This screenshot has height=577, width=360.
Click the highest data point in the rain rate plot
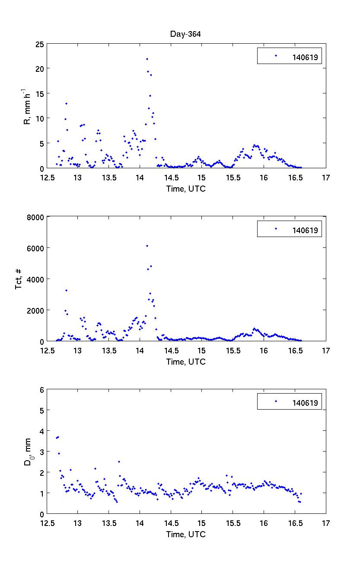click(147, 59)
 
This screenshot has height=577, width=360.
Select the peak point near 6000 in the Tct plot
click(147, 246)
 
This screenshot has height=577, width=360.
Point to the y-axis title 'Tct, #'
click(19, 279)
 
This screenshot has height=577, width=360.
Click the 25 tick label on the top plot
click(40, 44)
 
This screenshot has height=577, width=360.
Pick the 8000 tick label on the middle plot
click(36, 217)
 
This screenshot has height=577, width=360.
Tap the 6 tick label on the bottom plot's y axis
click(41, 389)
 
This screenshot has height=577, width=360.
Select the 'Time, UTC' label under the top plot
click(186, 189)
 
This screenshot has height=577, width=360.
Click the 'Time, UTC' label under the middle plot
click(186, 362)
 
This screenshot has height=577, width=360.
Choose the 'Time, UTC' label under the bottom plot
click(186, 534)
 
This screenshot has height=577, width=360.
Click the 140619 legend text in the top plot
click(305, 57)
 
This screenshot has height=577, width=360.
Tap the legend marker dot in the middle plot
click(276, 229)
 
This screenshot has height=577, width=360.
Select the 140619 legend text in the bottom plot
click(305, 403)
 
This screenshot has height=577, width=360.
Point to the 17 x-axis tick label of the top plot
click(326, 177)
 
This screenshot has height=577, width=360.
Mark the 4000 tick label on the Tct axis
click(36, 279)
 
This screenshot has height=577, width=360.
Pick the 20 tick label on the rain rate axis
click(40, 69)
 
